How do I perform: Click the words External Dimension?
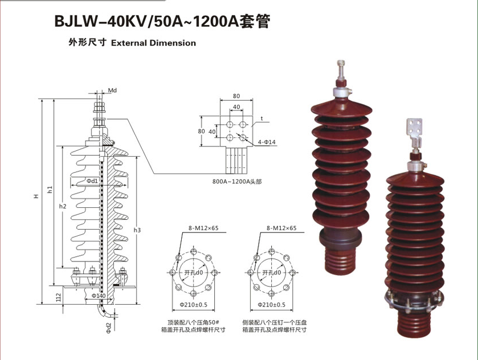click(x=154, y=43)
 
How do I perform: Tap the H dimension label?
click(x=35, y=197)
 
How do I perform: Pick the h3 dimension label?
click(x=137, y=230)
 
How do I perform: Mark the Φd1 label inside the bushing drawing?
click(x=92, y=181)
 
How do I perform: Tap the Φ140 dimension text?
click(x=98, y=296)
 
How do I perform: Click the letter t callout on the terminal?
click(x=263, y=118)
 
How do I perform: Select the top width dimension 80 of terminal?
click(x=236, y=96)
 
